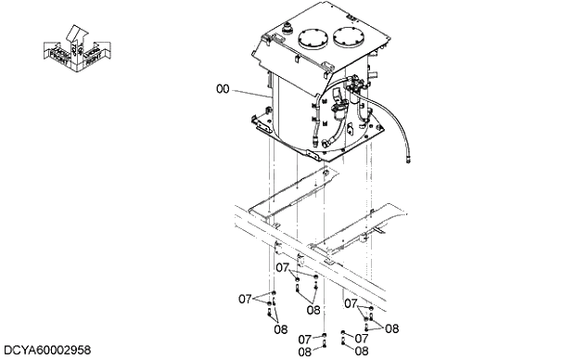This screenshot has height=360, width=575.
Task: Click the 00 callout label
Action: [x=223, y=89]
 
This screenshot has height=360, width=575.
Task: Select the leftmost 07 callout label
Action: [x=245, y=299]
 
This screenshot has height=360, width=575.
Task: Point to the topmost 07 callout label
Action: [x=282, y=266]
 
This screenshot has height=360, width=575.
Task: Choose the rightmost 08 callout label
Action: [x=392, y=328]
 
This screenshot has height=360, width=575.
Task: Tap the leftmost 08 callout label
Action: [x=279, y=328]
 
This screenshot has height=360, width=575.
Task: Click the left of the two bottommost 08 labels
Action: [x=304, y=352]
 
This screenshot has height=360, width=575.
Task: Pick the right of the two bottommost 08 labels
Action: [x=362, y=352]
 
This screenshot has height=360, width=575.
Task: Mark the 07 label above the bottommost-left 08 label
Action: [x=304, y=339]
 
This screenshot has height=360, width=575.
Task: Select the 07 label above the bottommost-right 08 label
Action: [x=362, y=339]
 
